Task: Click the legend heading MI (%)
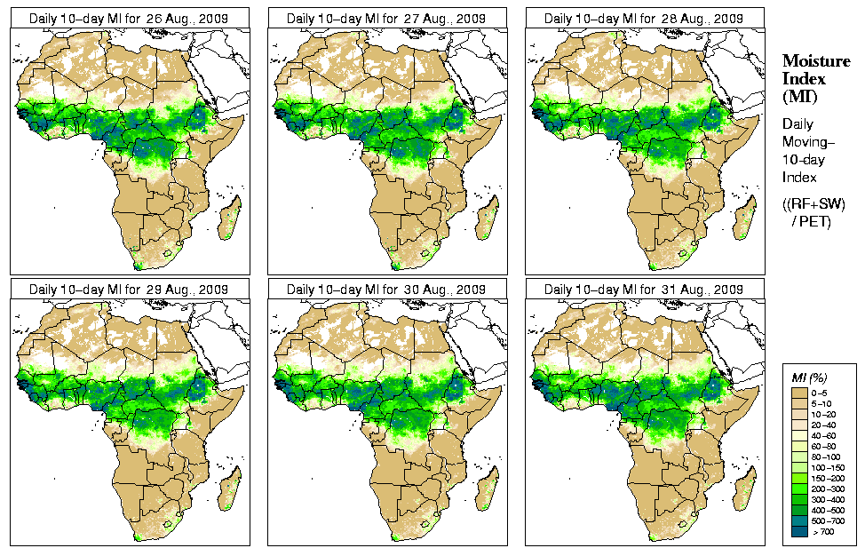tap(809, 379)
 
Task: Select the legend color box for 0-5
tap(798, 392)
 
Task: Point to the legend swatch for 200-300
tap(798, 488)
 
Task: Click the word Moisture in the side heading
tap(815, 60)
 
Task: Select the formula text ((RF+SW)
tap(814, 204)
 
